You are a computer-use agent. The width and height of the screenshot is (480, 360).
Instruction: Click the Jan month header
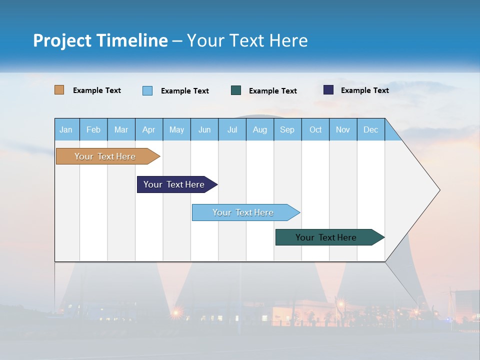coord(66,129)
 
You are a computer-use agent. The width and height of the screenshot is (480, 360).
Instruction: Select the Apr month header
coord(149,129)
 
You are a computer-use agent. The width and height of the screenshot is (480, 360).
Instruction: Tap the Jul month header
coord(232,129)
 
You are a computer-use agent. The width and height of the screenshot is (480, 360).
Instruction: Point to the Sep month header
coord(287,129)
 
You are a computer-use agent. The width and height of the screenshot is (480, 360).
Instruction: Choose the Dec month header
coord(370,129)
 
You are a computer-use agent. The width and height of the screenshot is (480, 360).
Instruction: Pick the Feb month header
coord(93,129)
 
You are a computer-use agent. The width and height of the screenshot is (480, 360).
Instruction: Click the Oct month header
coord(315,129)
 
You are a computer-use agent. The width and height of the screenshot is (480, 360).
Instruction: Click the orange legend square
coord(59,90)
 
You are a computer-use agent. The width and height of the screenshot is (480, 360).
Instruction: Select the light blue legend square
coord(147,90)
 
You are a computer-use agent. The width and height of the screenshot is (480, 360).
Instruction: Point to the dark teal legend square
coord(236,90)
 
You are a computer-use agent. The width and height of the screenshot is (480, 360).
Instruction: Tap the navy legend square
coord(328,90)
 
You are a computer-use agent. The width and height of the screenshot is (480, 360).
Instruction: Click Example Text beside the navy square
coord(364,90)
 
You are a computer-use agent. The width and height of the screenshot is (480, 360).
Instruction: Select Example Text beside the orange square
coord(97,90)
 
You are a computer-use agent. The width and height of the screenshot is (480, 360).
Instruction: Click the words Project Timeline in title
coord(100,40)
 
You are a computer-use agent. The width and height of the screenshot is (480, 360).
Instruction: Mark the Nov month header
coord(343,129)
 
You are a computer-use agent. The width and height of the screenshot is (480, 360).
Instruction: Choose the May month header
coord(176,129)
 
